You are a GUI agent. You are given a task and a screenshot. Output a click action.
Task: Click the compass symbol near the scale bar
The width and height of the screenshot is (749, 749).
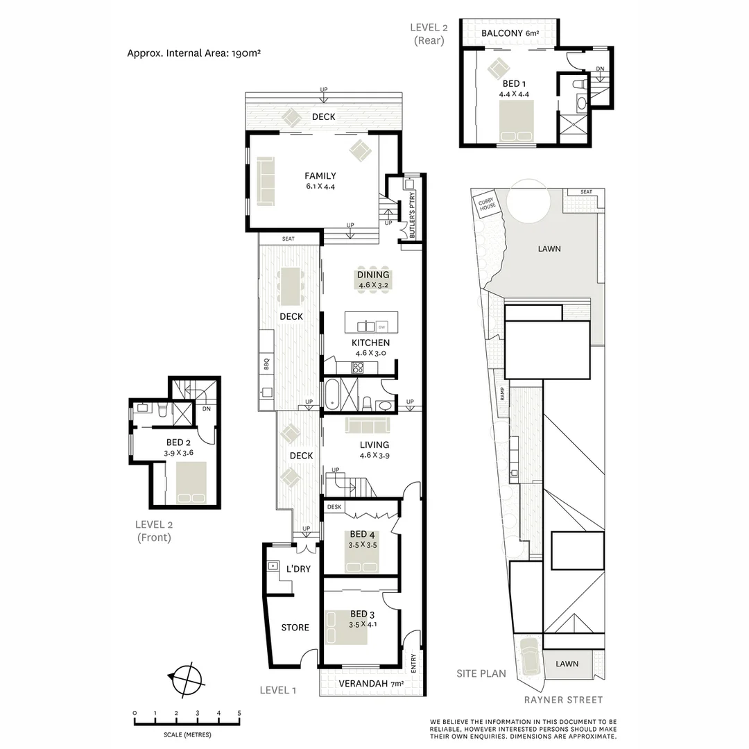pyautogui.click(x=184, y=679)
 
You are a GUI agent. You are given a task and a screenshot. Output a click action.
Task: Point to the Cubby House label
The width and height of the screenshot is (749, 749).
pyautogui.click(x=485, y=205)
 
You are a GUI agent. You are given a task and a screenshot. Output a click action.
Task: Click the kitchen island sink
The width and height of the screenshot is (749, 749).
pyautogui.click(x=366, y=326)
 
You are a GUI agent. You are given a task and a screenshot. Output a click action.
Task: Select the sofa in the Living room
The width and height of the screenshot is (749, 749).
pyautogui.click(x=367, y=424)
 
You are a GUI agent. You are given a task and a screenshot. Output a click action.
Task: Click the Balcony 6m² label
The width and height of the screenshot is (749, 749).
pyautogui.click(x=510, y=33)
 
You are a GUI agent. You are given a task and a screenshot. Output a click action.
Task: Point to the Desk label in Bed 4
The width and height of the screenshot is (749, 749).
pyautogui.click(x=335, y=507)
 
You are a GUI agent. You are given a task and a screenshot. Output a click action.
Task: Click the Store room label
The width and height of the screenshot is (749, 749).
pyautogui.click(x=295, y=628)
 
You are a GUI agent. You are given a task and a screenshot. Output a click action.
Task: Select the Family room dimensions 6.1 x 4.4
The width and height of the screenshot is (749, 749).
pyautogui.click(x=320, y=186)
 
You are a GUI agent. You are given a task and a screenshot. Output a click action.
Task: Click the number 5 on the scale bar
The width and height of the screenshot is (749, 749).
pyautogui.click(x=239, y=713)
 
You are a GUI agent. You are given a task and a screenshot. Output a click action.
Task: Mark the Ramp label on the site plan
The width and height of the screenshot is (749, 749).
pyautogui.click(x=501, y=394)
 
